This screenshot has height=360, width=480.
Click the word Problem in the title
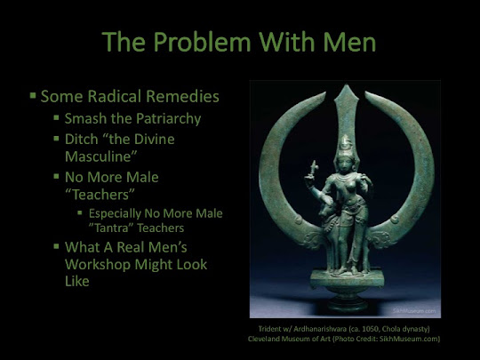tap(203, 43)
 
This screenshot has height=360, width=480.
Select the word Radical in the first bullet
tap(115, 96)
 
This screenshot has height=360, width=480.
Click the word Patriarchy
tap(168, 120)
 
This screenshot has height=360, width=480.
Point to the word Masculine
tap(100, 156)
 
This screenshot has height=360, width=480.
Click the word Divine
tap(155, 140)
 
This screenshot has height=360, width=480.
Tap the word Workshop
tap(98, 265)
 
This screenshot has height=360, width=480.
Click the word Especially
tap(115, 214)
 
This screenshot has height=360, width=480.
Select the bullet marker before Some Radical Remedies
tap(33, 95)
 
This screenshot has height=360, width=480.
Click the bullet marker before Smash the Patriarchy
tap(56, 117)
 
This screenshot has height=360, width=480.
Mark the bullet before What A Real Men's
tap(56, 246)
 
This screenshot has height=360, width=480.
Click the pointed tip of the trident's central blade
tap(347, 84)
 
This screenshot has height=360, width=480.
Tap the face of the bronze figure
tap(345, 164)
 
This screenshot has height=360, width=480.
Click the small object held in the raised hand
tap(313, 169)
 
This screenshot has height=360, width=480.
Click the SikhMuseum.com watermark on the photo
tap(414, 311)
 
